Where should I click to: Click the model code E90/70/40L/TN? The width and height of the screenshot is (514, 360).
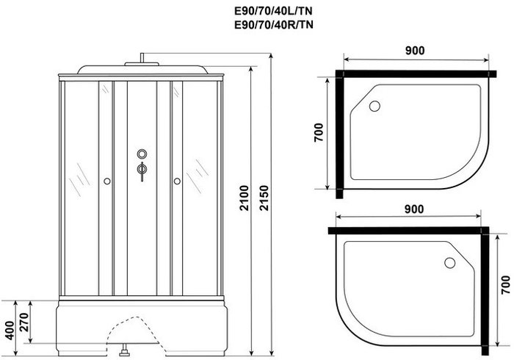pos(273,12)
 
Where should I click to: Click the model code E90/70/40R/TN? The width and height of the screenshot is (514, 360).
pos(274,24)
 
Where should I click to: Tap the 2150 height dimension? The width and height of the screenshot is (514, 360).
pos(264,198)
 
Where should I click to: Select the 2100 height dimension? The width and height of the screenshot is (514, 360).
pos(244,198)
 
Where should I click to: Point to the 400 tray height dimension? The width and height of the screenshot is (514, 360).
pos(9,330)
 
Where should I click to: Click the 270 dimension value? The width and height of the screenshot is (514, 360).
pos(24,322)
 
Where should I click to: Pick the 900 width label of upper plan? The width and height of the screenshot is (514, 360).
pos(415,51)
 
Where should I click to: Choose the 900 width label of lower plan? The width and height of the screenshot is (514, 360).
pos(413,209)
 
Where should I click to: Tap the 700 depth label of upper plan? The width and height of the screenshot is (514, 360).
pos(319,132)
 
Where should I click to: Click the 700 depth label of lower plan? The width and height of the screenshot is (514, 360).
pos(506,284)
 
